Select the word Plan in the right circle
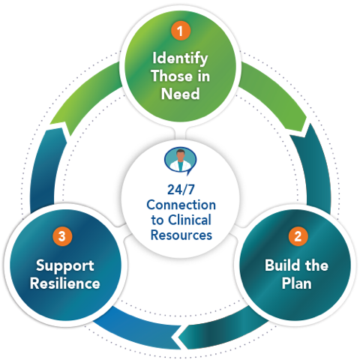point(298,283)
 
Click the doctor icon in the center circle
point(180,160)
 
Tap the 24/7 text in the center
point(180,189)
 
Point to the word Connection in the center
point(180,204)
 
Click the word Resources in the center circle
point(180,234)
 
